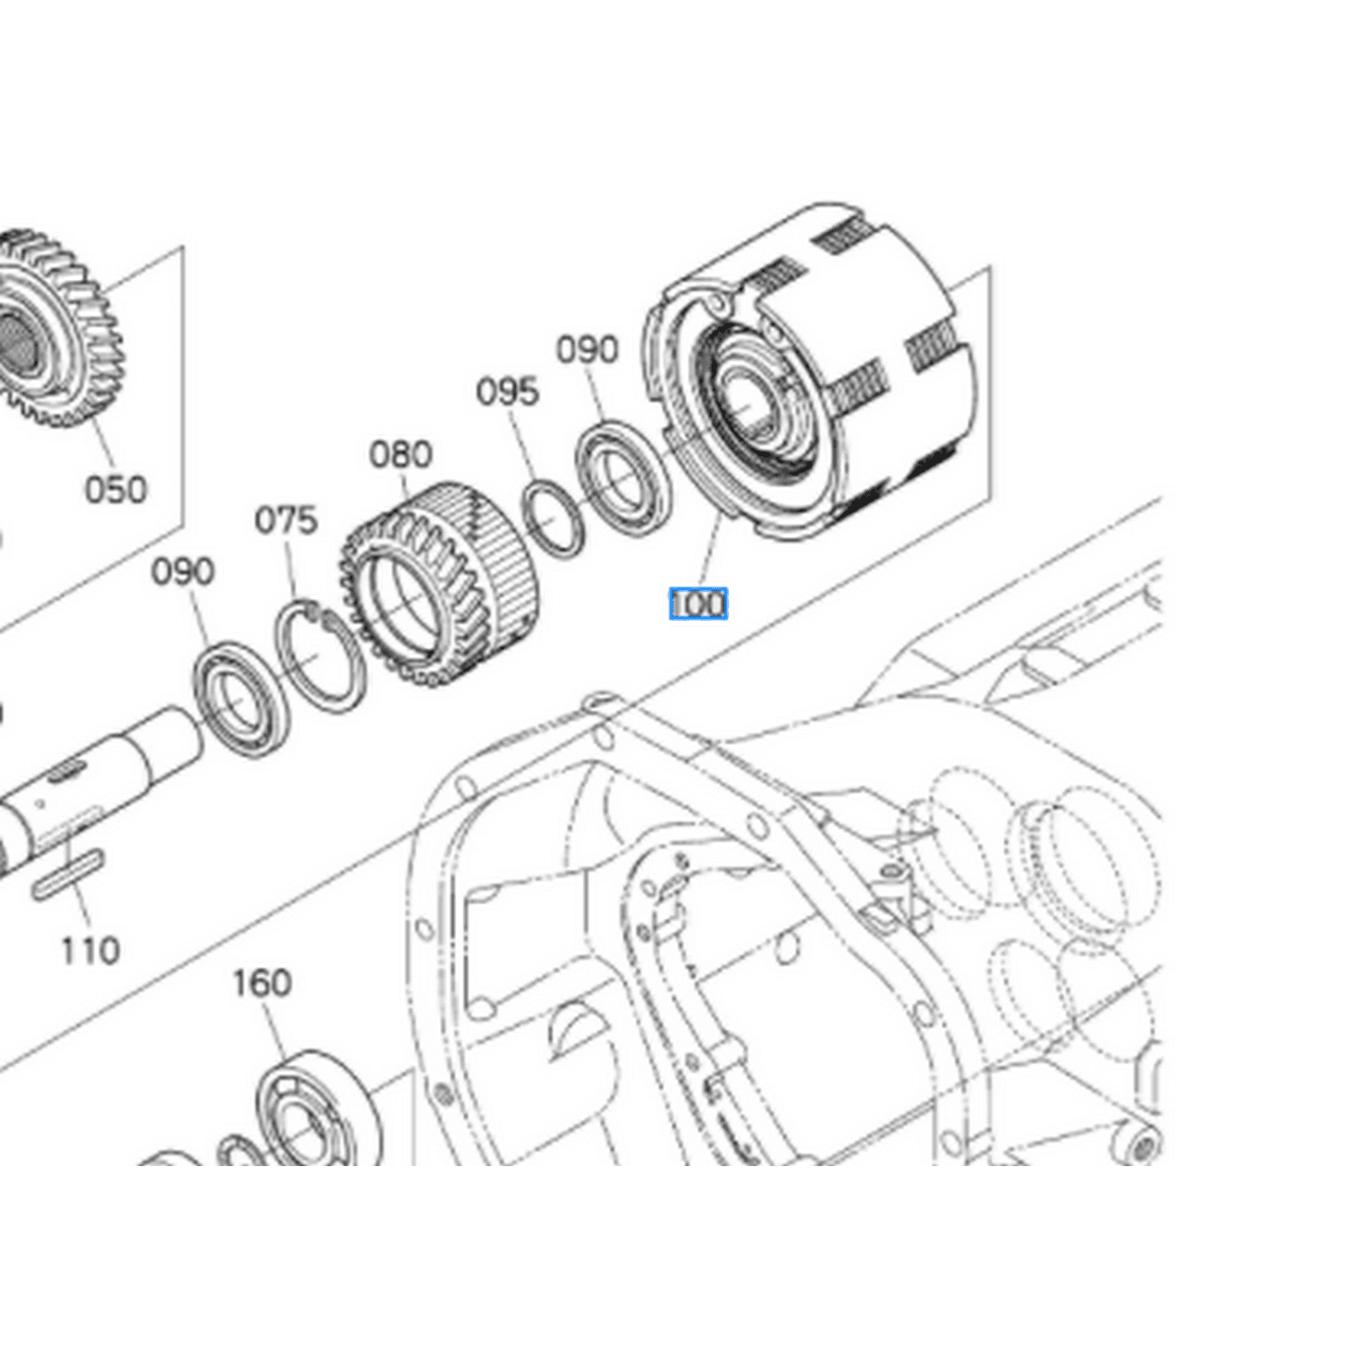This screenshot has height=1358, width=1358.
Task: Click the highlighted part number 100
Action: (698, 605)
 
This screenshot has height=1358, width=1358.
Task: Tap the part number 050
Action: (115, 490)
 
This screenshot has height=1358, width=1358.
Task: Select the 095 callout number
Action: (507, 392)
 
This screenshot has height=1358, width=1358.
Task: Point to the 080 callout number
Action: (400, 454)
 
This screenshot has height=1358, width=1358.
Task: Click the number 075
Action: (286, 521)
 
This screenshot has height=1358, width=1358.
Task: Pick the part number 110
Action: (90, 951)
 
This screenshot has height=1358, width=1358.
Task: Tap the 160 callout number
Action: (262, 983)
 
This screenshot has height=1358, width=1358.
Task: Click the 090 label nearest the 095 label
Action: (587, 349)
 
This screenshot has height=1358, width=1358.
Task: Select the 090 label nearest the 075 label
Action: (182, 572)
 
